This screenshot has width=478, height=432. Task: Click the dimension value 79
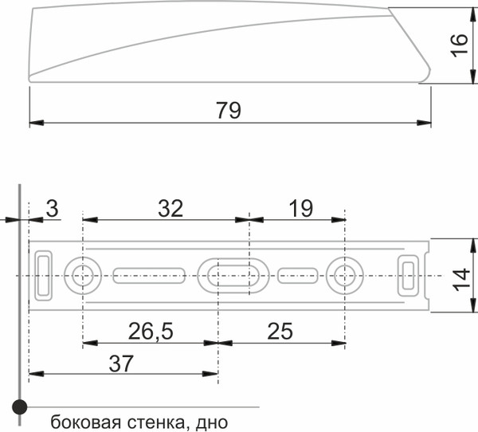click(x=228, y=111)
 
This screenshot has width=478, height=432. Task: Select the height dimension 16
click(x=458, y=45)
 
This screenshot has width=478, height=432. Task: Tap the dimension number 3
click(x=52, y=209)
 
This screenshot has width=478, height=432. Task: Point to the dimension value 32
click(x=170, y=209)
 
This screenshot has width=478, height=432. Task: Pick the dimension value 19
click(x=300, y=209)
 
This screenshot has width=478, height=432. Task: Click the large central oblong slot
click(x=234, y=275)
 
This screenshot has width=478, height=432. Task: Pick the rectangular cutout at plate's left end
click(x=43, y=274)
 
